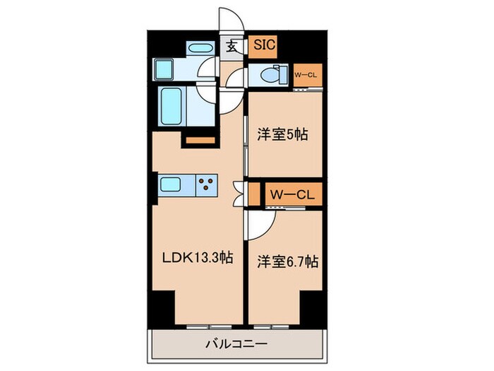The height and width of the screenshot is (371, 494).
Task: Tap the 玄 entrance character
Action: [231, 47]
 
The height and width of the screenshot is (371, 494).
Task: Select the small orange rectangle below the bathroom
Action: [199, 141]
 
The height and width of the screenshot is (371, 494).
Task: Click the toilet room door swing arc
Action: [236, 78]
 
